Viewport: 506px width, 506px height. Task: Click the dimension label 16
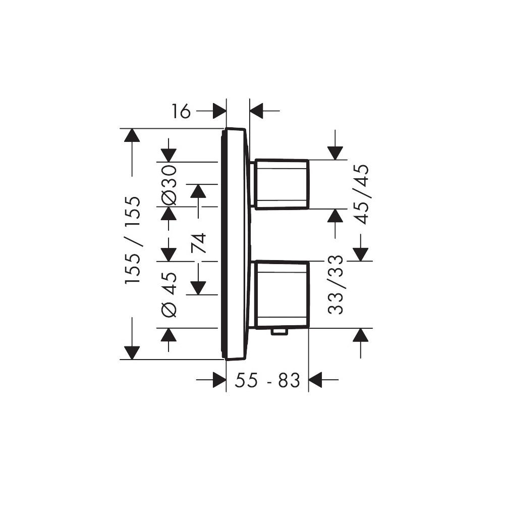(181, 111)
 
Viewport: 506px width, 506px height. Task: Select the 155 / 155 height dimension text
(134, 240)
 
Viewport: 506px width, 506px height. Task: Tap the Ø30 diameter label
(170, 185)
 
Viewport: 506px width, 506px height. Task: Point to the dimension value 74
(198, 242)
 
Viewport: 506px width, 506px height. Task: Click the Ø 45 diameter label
(170, 294)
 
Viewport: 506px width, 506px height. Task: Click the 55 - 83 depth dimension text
(267, 380)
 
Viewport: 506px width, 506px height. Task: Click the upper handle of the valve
(282, 184)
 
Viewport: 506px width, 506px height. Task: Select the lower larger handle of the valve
(282, 294)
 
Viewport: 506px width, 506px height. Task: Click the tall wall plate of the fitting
(235, 244)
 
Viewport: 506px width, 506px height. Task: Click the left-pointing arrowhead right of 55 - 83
(316, 380)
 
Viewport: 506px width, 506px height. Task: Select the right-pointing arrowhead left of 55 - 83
(218, 380)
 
